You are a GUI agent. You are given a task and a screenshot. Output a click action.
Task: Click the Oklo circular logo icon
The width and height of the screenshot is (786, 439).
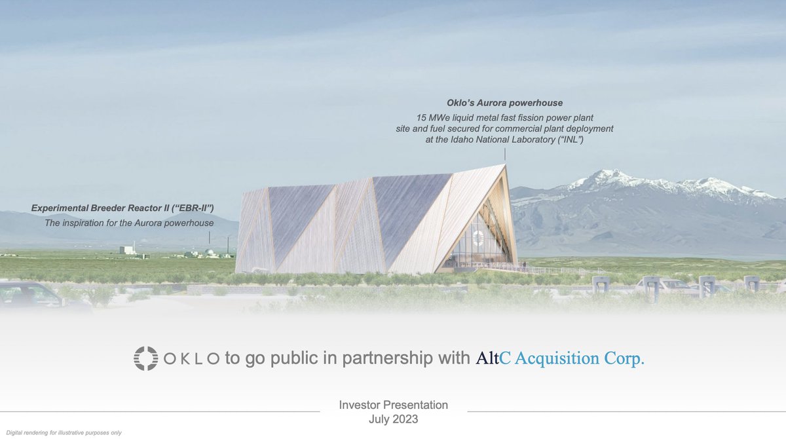146,359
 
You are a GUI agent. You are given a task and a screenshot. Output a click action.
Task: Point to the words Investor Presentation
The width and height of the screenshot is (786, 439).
393,405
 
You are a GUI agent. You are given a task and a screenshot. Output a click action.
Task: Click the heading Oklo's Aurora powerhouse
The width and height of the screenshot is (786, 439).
504,103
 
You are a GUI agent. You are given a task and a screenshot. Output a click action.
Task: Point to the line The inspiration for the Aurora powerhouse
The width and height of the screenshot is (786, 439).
128,223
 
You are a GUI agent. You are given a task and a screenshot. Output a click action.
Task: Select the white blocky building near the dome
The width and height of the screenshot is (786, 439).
128,250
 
